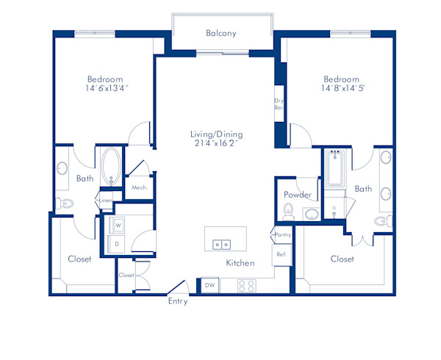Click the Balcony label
point(221,33)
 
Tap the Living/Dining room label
point(216,134)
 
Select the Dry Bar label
point(279,104)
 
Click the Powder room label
point(298,195)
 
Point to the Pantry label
point(282,235)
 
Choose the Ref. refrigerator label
point(282,254)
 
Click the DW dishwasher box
point(209,285)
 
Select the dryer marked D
point(118,244)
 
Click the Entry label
point(178,301)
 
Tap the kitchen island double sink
point(222,244)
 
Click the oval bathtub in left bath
point(112,168)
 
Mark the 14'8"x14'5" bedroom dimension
point(343,88)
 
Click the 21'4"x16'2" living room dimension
point(216,145)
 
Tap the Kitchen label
point(240,263)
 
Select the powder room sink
point(311,214)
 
